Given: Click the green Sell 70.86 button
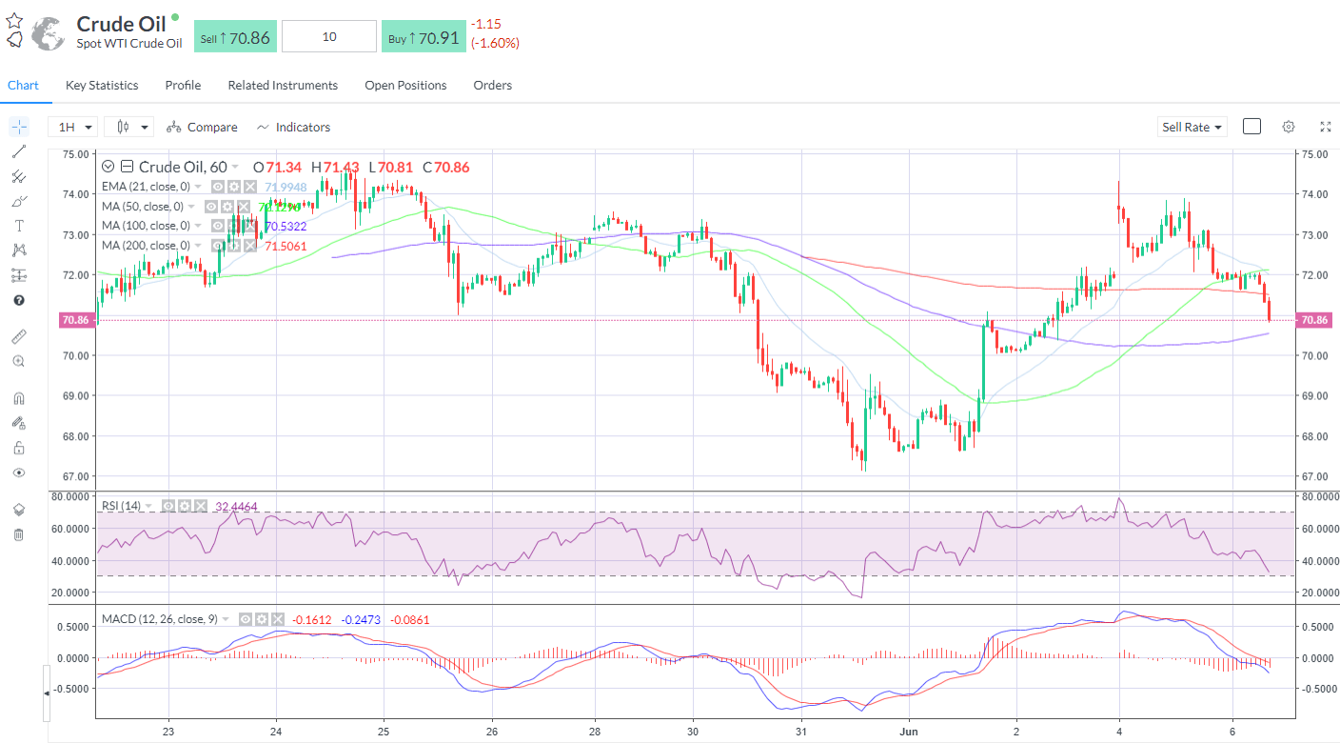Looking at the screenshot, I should click(235, 37).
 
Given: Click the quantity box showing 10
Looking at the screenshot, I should click(329, 37).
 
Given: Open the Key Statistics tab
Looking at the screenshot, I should click(102, 86).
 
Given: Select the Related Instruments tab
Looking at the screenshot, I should click(283, 86).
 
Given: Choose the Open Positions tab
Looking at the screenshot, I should click(405, 86).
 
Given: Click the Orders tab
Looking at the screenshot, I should click(492, 86).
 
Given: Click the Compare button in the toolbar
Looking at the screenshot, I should click(202, 127).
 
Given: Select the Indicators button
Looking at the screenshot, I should click(294, 127).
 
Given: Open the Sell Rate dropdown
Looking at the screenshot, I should click(1192, 127).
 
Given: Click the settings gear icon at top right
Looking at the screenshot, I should click(1288, 127).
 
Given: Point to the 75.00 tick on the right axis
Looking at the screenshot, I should click(1313, 154).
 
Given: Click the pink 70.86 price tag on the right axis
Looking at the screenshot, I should click(1314, 320).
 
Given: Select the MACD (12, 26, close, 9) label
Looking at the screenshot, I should click(160, 619).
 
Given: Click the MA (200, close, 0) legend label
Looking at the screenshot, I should click(147, 246).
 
